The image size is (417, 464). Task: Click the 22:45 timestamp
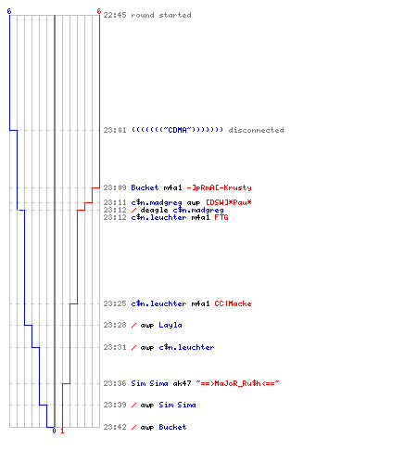tap(115, 15)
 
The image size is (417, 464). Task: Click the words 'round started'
tap(161, 15)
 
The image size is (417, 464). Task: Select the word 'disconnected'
tap(256, 130)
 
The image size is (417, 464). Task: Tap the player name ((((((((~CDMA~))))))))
tap(177, 130)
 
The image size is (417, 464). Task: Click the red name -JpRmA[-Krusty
tap(219, 187)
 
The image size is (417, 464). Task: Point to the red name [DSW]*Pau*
tap(229, 202)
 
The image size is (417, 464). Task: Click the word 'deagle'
tap(154, 210)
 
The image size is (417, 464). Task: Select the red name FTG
tap(221, 217)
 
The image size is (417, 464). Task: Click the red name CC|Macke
tap(233, 303)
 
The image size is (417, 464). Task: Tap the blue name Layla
tap(171, 325)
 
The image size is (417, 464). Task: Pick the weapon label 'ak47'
tap(182, 383)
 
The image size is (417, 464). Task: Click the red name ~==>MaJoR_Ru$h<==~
tap(237, 383)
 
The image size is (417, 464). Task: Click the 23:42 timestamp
tap(115, 427)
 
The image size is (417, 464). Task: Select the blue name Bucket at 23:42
tap(172, 427)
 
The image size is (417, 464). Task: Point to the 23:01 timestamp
tap(115, 130)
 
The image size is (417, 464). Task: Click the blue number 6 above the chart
tap(9, 11)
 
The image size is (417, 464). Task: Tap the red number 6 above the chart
tap(99, 11)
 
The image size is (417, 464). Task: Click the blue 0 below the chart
tap(54, 431)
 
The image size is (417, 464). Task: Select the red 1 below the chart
tap(62, 431)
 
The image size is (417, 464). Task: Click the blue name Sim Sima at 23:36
tap(149, 383)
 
